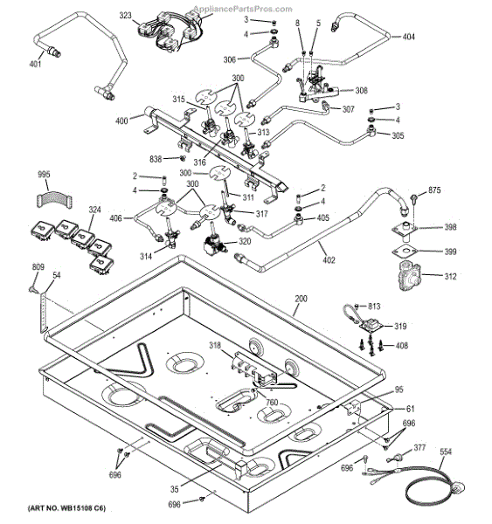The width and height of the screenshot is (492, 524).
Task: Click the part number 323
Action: [126, 16]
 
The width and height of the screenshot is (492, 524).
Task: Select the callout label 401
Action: [36, 64]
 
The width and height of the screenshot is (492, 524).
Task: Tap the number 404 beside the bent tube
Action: [408, 37]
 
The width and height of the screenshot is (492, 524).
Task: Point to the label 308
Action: [361, 90]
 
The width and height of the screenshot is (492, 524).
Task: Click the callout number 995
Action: [44, 174]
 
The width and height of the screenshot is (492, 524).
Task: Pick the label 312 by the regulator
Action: [450, 276]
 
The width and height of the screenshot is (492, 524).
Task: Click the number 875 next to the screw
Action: [434, 190]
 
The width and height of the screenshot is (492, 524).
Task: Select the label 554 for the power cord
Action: [446, 452]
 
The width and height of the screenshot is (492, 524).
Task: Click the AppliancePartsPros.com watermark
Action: [243, 9]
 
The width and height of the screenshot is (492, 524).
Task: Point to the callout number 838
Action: [156, 159]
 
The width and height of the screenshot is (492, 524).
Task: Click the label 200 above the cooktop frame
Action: [301, 299]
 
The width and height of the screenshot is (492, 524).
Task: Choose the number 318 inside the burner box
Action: [215, 345]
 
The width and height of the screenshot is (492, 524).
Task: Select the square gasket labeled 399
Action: [405, 251]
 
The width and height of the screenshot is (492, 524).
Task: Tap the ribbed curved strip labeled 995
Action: [52, 199]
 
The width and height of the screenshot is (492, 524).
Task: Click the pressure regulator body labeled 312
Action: [409, 276]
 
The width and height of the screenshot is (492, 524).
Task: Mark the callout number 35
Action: [175, 489]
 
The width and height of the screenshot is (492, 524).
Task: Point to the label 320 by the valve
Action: [245, 241]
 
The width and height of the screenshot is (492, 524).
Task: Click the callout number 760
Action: [272, 403]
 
